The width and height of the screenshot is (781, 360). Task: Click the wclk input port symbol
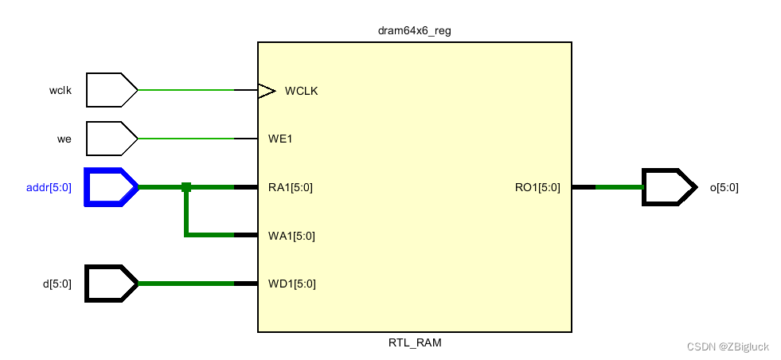(111, 90)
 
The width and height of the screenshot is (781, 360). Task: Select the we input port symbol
(111, 139)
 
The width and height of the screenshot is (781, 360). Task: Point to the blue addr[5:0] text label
(49, 188)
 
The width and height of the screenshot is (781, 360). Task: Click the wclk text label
(60, 91)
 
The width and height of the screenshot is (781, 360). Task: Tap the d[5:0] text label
(57, 284)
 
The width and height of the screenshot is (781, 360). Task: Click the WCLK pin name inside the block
(301, 91)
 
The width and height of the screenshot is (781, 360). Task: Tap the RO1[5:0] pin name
(537, 188)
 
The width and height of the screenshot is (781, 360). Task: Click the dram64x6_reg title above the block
(414, 31)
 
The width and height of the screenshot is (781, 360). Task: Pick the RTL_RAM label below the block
(414, 343)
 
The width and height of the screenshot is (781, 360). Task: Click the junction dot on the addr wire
(186, 187)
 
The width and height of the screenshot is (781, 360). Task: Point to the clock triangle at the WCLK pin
(267, 90)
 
